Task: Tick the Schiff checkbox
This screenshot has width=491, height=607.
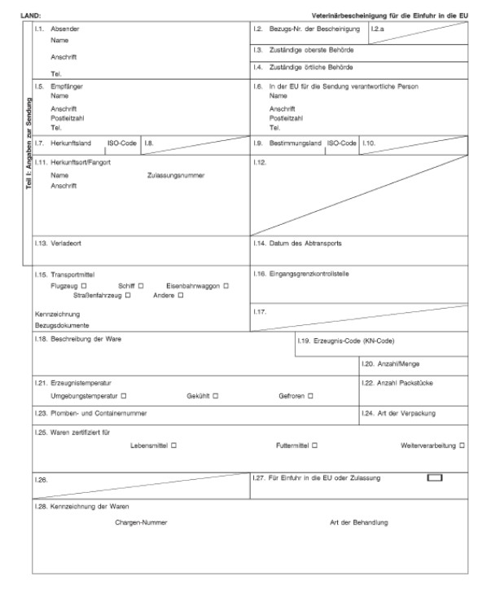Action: [141, 285]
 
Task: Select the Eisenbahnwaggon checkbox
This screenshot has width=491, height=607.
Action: [226, 285]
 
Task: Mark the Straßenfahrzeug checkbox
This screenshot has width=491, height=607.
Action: [128, 295]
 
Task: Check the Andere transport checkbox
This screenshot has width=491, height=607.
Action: [181, 295]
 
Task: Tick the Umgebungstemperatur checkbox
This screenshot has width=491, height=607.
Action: [124, 396]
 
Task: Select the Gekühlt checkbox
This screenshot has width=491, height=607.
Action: [217, 396]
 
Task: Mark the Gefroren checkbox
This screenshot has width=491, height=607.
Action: [310, 396]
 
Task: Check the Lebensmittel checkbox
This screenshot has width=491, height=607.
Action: [174, 446]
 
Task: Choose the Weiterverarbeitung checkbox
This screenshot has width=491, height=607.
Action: [463, 446]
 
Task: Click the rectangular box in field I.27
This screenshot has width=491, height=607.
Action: [435, 477]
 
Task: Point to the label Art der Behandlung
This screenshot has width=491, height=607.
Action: [359, 521]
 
